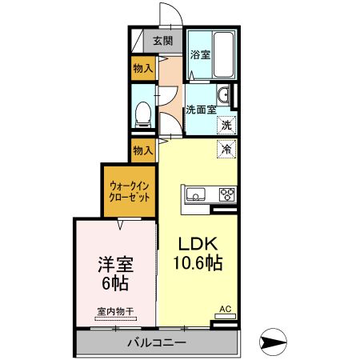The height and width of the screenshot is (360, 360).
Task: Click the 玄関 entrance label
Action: [x=163, y=41]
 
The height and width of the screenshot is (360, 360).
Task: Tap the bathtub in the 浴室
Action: [x=224, y=54]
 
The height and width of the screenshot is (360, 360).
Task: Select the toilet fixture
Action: [x=143, y=115]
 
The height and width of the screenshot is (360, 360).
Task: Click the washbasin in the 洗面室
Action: [x=223, y=95]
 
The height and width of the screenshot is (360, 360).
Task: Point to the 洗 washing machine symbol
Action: [x=226, y=126]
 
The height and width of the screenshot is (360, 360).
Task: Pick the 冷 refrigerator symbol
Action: [x=226, y=149]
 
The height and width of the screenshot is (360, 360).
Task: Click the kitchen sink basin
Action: [x=196, y=194]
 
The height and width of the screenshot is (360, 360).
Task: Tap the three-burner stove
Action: [x=227, y=194]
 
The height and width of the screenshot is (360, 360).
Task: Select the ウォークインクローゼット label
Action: [x=130, y=191]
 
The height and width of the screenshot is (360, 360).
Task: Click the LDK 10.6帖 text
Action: [x=198, y=253]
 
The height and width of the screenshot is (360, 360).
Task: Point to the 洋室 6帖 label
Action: [x=115, y=274]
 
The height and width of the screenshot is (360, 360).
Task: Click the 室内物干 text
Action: [x=115, y=311]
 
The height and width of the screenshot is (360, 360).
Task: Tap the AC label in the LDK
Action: [x=226, y=309]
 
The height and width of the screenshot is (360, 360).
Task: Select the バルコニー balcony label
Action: [x=157, y=342]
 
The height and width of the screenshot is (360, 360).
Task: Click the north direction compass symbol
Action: [x=273, y=342]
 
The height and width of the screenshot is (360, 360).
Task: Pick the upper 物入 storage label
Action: [x=143, y=69]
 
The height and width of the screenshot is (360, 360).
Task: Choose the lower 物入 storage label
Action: [x=143, y=150]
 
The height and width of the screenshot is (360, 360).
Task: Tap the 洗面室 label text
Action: [x=201, y=110]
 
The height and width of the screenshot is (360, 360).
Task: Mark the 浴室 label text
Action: [x=200, y=54]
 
